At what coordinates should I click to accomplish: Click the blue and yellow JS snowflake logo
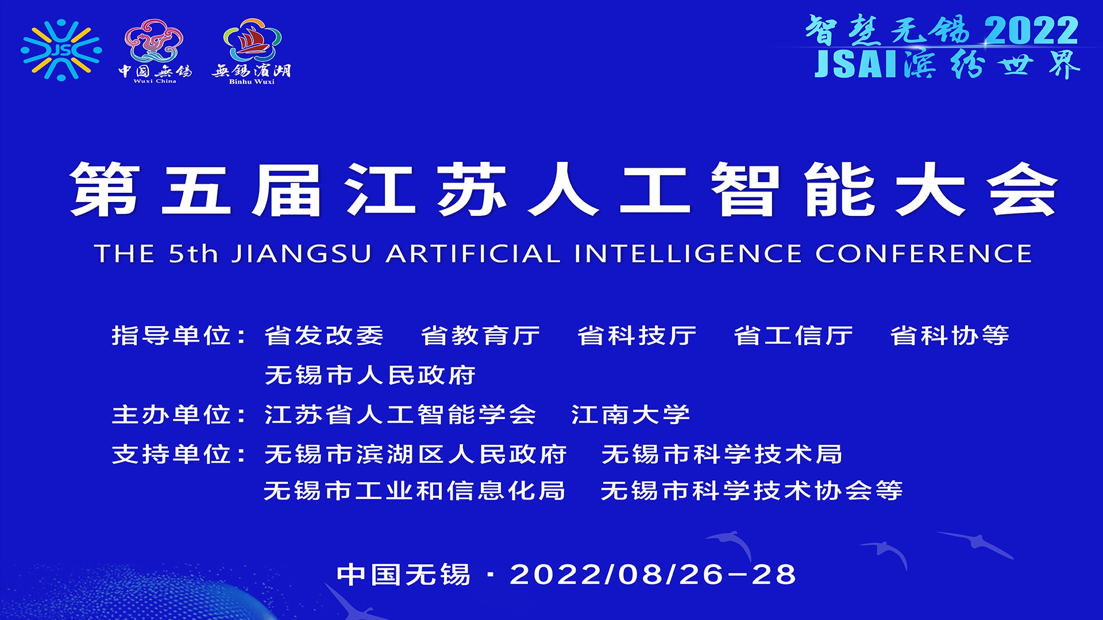click(x=61, y=50)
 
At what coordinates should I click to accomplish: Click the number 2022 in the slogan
click(x=1031, y=30)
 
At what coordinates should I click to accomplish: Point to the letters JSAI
click(x=856, y=64)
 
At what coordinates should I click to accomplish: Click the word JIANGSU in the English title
click(x=302, y=254)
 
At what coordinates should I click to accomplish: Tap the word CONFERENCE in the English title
click(x=923, y=254)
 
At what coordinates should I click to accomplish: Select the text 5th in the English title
click(x=194, y=254)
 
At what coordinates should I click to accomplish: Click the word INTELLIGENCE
click(x=688, y=254)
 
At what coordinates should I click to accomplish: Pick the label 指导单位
click(x=171, y=336)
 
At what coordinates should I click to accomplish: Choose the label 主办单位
click(x=171, y=414)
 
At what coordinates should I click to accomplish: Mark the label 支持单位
click(x=171, y=454)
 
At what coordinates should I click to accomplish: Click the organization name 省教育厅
click(x=480, y=336)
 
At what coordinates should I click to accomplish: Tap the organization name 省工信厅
click(x=793, y=336)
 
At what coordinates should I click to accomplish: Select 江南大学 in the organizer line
click(x=630, y=414)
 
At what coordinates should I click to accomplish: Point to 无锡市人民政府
click(x=370, y=375)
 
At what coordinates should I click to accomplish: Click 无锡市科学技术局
click(x=722, y=454)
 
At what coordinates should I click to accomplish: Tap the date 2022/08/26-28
click(x=653, y=575)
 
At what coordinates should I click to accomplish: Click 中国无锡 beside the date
click(x=403, y=575)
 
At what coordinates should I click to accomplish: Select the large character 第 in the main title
click(x=105, y=189)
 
